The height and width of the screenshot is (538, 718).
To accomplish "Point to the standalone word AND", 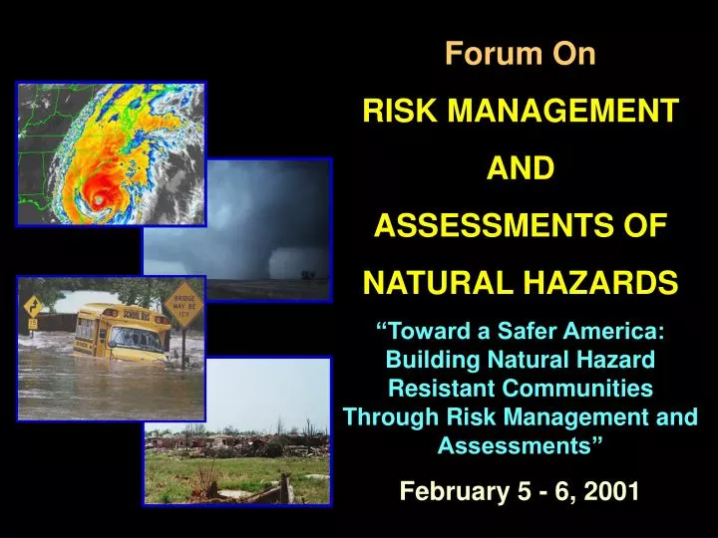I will pos(520,169).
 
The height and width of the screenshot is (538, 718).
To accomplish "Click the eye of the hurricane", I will pos(98,199).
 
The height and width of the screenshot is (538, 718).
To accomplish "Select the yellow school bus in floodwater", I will pos(122,332).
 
